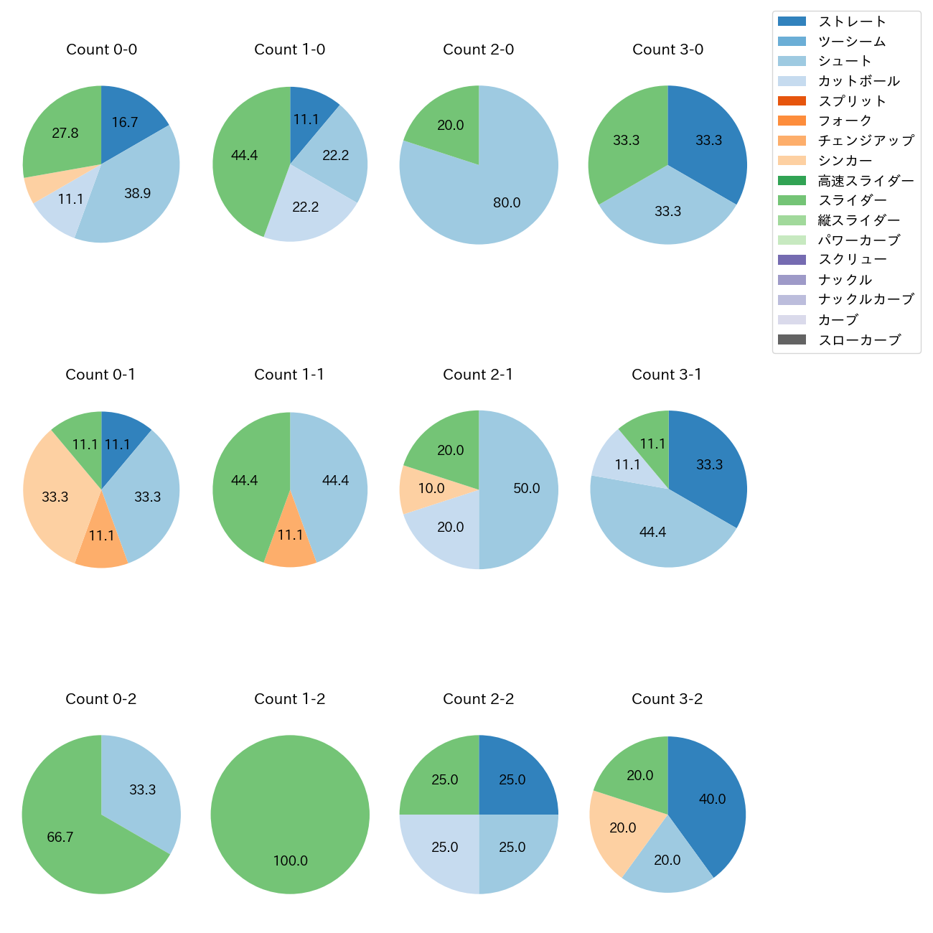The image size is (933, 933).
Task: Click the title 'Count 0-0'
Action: click(x=101, y=50)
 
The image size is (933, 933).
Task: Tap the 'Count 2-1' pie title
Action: click(x=478, y=375)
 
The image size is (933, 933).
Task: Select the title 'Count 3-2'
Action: click(x=667, y=699)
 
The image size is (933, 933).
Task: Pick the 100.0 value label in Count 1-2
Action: click(x=290, y=861)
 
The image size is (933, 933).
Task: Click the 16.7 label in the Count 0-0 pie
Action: click(x=124, y=123)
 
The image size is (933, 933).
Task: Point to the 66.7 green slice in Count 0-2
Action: click(x=65, y=833)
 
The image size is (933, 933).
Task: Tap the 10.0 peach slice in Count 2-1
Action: click(x=423, y=489)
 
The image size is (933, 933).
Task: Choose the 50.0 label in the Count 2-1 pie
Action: click(x=526, y=489)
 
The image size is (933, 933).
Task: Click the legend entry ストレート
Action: click(x=852, y=22)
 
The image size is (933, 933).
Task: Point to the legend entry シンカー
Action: click(x=845, y=161)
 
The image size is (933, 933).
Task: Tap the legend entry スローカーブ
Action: click(x=859, y=340)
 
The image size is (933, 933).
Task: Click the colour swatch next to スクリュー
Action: click(x=792, y=260)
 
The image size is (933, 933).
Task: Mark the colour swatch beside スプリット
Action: click(x=792, y=101)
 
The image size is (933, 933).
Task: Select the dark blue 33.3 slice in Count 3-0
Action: click(x=707, y=140)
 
